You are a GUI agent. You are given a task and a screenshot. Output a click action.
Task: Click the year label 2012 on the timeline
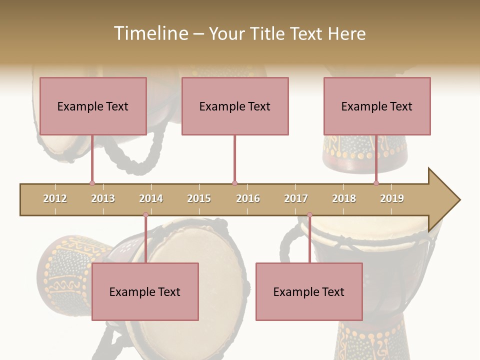click(55, 198)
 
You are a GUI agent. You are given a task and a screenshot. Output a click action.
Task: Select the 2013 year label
click(103, 198)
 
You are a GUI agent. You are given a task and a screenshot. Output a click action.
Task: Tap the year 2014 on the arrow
click(151, 198)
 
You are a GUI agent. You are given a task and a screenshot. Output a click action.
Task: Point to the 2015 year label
click(199, 198)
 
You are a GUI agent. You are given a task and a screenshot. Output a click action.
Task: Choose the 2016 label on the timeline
click(248, 198)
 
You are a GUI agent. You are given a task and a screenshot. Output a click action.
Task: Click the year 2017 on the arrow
click(296, 198)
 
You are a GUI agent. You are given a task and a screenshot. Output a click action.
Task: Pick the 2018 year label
click(344, 198)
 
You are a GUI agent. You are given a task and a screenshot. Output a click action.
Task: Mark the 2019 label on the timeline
click(392, 198)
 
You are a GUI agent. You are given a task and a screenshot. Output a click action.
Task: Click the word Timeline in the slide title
click(150, 33)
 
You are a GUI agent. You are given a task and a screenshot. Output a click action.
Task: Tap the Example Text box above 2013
click(93, 106)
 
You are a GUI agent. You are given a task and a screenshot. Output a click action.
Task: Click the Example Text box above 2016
click(235, 106)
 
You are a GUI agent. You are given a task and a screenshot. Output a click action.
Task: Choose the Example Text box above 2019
click(377, 106)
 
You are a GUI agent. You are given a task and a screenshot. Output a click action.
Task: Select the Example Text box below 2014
click(145, 291)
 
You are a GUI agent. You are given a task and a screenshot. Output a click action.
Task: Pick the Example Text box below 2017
click(309, 291)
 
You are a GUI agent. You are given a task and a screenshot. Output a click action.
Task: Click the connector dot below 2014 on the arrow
click(145, 215)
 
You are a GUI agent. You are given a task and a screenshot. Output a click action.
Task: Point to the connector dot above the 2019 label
click(376, 183)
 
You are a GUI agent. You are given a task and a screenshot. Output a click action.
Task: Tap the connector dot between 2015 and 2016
click(234, 183)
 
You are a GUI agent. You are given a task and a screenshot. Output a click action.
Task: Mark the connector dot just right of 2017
click(309, 215)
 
